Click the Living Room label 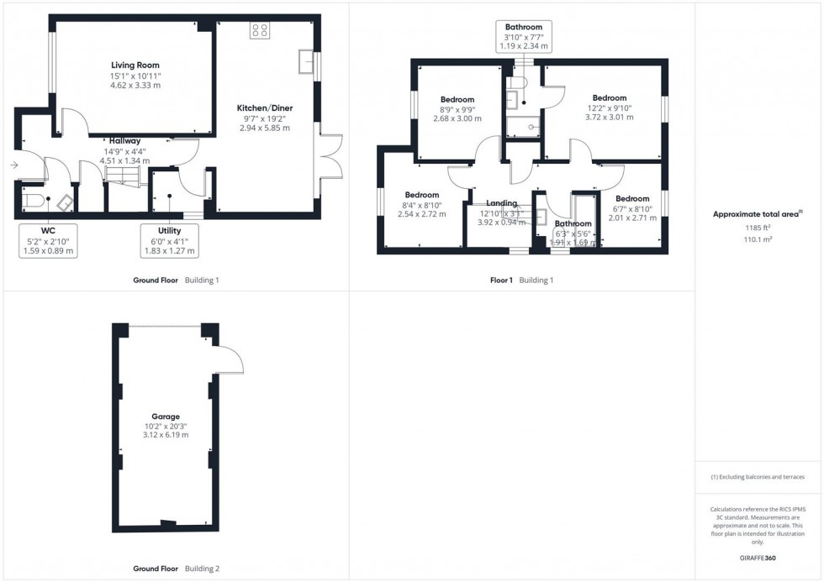tap(135, 66)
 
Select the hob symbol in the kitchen tap(259, 30)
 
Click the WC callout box tap(47, 240)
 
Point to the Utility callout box tap(169, 240)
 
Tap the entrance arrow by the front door tap(13, 165)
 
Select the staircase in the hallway tap(120, 176)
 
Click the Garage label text tap(166, 416)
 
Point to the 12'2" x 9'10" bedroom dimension tap(609, 107)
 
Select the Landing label tap(501, 203)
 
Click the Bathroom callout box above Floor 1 tap(523, 38)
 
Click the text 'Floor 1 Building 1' tap(522, 281)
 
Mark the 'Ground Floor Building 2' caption tap(176, 569)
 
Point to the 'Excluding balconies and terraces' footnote tap(758, 477)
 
